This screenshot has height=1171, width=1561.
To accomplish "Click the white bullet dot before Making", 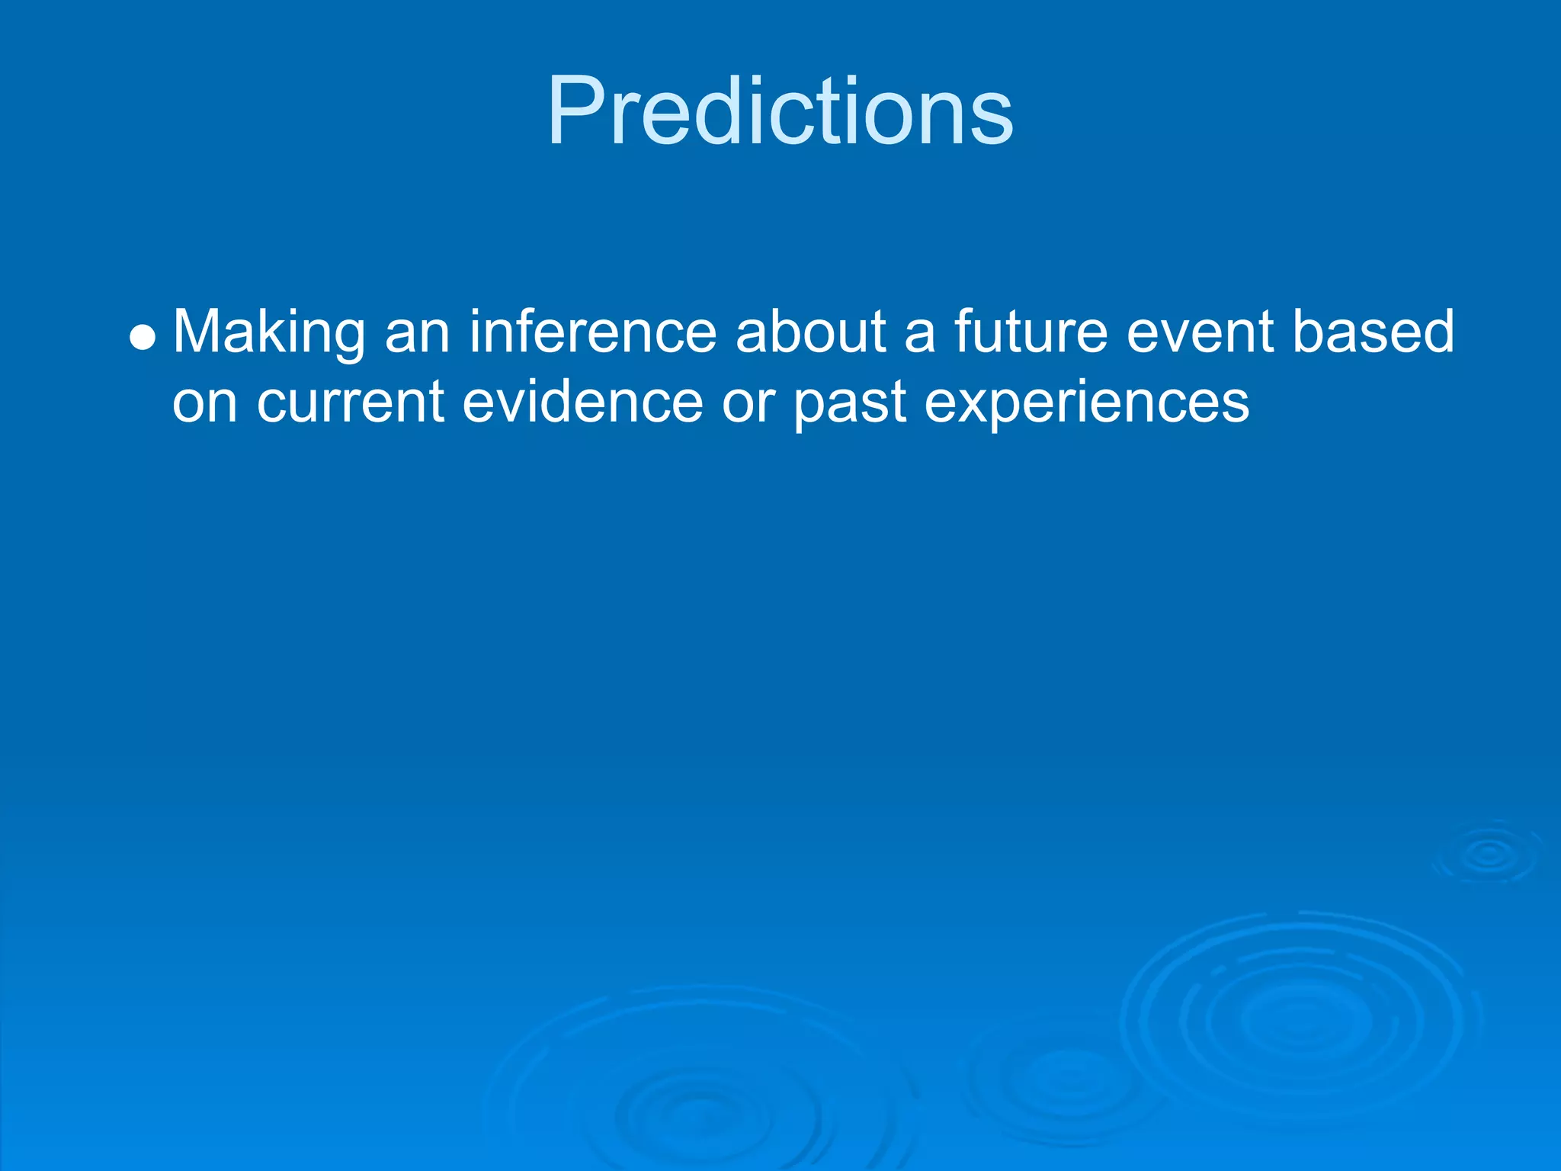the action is (143, 336).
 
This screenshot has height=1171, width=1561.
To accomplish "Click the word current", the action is (351, 403).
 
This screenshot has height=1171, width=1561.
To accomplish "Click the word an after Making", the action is (418, 338).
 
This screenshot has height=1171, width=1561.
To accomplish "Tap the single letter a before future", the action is (920, 338).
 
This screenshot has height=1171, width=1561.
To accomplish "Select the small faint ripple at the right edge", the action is (1488, 854).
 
